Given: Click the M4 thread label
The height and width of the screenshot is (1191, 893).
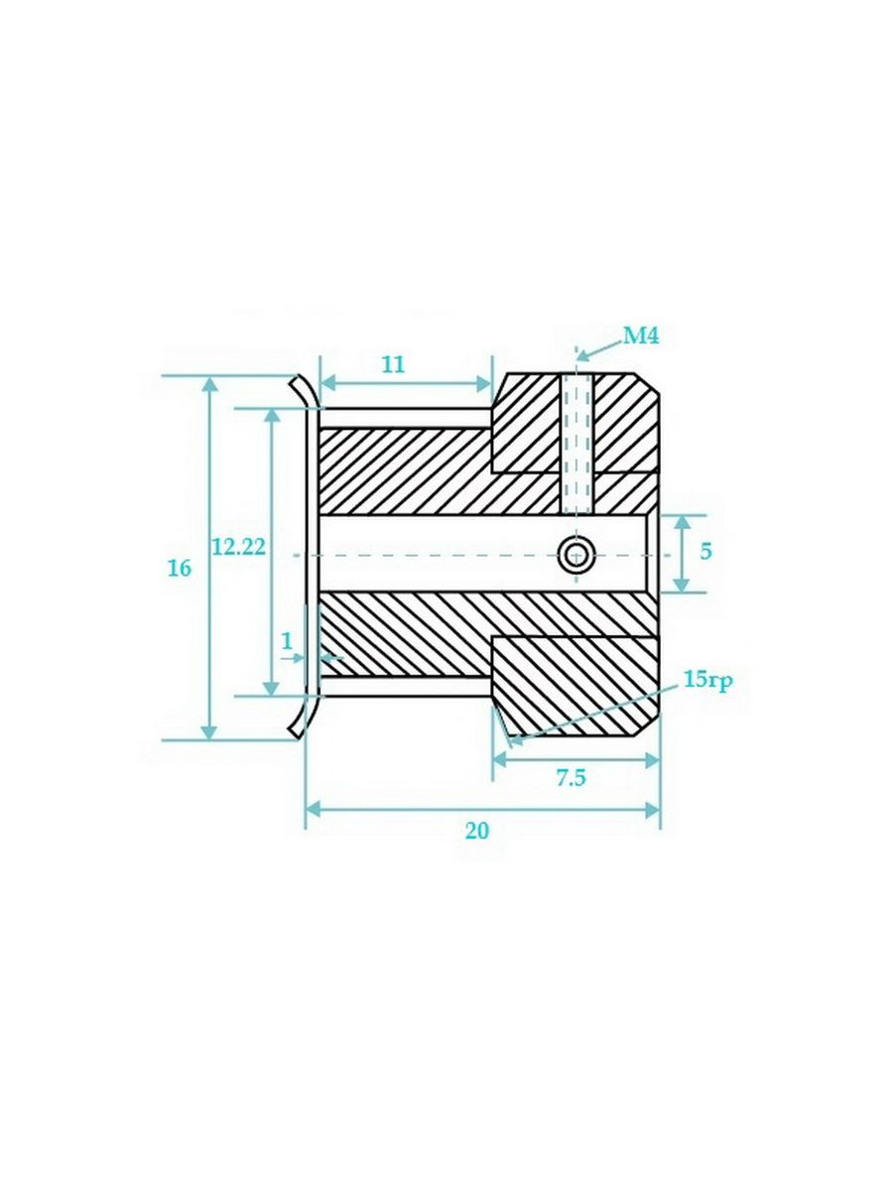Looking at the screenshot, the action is [640, 336].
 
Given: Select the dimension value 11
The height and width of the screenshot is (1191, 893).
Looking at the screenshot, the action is [394, 365].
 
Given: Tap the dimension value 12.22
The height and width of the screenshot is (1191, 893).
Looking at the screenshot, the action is [238, 548].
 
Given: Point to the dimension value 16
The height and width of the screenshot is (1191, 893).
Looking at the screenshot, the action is [180, 569].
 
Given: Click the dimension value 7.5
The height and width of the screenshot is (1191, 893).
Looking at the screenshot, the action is [571, 778].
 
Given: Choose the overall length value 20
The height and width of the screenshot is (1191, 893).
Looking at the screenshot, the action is [477, 846].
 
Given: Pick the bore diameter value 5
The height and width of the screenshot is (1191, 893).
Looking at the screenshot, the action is [705, 552].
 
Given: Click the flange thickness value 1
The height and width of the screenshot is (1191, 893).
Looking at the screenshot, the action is [288, 642].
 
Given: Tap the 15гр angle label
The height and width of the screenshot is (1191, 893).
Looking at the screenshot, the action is [707, 680].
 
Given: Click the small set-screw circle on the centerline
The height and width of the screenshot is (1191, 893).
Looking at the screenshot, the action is [577, 555].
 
